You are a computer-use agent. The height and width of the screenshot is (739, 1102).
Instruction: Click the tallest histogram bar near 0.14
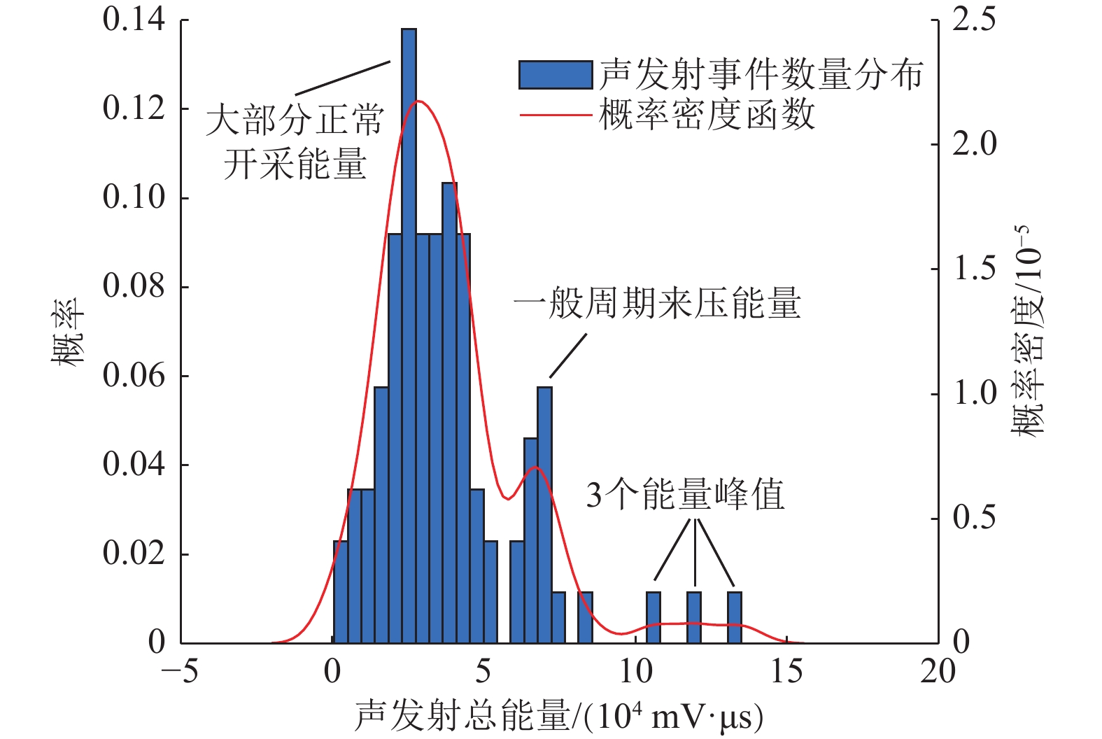pyautogui.click(x=409, y=336)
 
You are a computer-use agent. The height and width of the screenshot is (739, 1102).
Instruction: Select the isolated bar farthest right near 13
pyautogui.click(x=734, y=618)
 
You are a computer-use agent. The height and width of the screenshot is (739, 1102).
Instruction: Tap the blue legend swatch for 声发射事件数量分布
pyautogui.click(x=556, y=75)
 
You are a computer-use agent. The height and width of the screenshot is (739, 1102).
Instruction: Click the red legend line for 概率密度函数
pyautogui.click(x=556, y=114)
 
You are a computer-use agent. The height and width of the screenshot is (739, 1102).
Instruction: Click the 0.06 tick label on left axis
pyautogui.click(x=134, y=376)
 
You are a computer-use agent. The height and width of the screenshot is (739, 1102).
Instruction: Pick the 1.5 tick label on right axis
pyautogui.click(x=974, y=269)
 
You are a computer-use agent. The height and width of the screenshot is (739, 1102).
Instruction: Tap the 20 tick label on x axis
pyautogui.click(x=938, y=672)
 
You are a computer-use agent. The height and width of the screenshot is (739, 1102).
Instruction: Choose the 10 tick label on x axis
pyautogui.click(x=635, y=672)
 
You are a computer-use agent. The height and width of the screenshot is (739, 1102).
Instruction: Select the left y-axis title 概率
pyautogui.click(x=68, y=330)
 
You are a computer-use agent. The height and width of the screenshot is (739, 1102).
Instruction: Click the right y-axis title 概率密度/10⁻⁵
pyautogui.click(x=1027, y=330)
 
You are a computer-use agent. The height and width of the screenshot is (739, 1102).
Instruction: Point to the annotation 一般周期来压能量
pyautogui.click(x=657, y=304)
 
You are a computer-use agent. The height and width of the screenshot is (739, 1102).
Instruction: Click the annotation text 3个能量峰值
pyautogui.click(x=685, y=495)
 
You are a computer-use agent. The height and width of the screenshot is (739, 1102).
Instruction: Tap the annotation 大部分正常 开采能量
pyautogui.click(x=295, y=142)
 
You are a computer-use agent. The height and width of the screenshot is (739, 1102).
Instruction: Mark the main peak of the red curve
pyautogui.click(x=418, y=101)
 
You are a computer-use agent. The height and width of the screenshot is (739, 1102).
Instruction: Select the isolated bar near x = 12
pyautogui.click(x=693, y=618)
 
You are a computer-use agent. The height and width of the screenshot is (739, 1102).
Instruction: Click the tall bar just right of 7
pyautogui.click(x=544, y=515)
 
